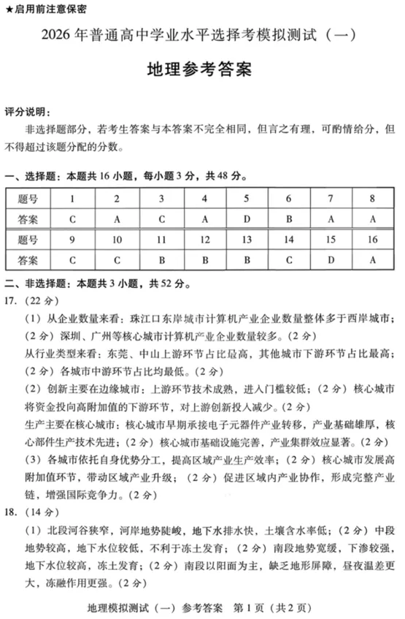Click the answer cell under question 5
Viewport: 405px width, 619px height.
(x=247, y=219)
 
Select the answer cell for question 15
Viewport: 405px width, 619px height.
(x=331, y=259)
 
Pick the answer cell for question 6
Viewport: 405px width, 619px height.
(x=288, y=219)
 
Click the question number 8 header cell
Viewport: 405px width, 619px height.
(x=372, y=199)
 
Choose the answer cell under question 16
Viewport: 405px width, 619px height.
(x=372, y=259)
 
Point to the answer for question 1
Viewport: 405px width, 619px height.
(x=72, y=219)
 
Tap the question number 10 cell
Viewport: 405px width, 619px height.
(x=117, y=239)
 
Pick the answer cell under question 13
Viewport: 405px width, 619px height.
(x=247, y=259)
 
